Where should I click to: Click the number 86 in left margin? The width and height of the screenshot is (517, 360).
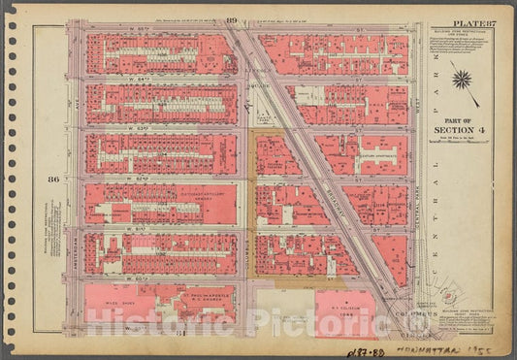click(52, 178)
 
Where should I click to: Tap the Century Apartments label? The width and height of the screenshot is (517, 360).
click(367, 153)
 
